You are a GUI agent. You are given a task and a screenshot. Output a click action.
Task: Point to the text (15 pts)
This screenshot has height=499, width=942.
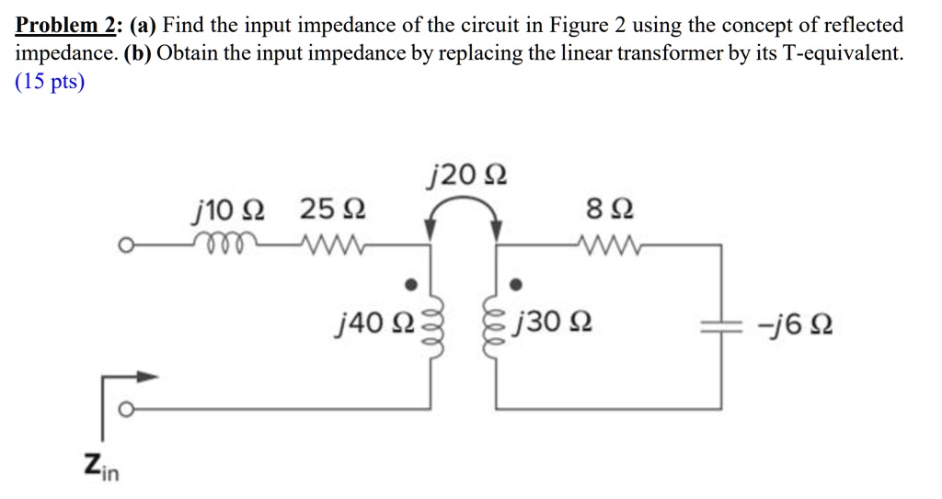pyautogui.click(x=50, y=82)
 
